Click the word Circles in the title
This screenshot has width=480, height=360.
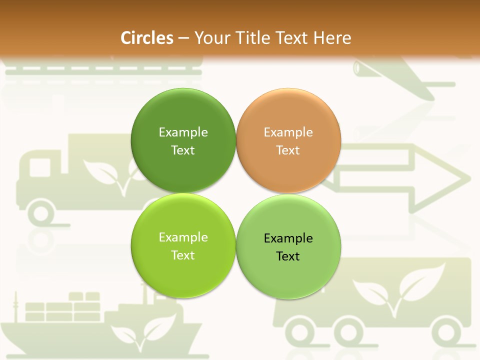pos(146,38)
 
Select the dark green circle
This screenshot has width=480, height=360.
pos(183,140)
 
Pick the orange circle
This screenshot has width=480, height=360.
pos(288,140)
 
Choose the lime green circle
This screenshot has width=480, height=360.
pos(183,245)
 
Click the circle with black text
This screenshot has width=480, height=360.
pos(288,246)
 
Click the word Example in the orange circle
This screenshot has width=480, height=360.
pos(288,132)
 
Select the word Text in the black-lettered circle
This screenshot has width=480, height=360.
pos(288,256)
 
